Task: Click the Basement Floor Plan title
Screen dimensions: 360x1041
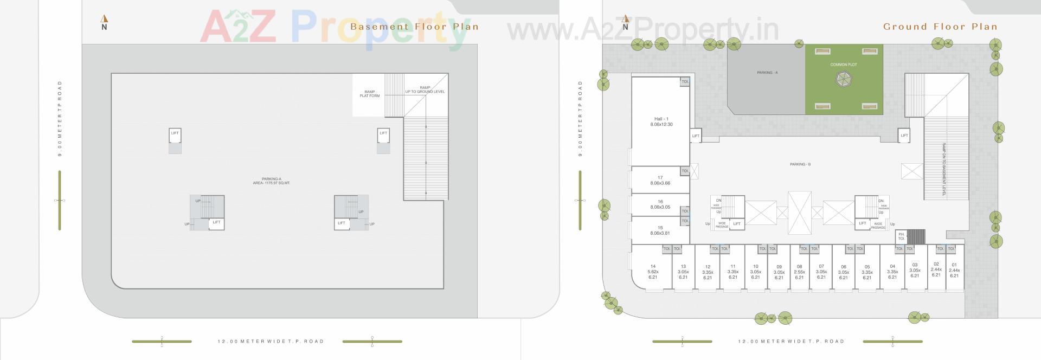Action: click(414, 26)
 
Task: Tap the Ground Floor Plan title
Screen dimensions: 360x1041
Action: click(940, 26)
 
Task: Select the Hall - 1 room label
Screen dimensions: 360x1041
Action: click(661, 121)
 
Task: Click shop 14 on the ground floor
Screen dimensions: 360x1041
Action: click(653, 272)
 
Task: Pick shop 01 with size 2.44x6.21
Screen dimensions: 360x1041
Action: click(954, 270)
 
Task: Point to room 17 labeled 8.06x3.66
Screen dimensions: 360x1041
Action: click(660, 181)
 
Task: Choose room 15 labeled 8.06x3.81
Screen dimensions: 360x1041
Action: click(660, 230)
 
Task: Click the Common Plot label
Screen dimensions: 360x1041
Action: click(844, 65)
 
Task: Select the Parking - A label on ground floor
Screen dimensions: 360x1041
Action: click(767, 72)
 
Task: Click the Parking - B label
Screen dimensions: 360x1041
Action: click(800, 164)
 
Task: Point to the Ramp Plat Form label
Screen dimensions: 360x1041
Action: click(370, 94)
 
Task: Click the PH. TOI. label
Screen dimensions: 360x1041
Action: click(901, 236)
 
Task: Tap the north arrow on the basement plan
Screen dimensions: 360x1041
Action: click(104, 23)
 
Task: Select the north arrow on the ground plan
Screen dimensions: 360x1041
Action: click(625, 23)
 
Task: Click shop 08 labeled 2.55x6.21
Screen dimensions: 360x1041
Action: click(799, 272)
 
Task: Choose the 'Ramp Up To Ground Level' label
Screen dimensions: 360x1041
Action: click(425, 89)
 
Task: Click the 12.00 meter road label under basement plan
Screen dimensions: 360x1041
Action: click(271, 342)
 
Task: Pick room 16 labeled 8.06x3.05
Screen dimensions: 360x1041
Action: click(660, 204)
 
